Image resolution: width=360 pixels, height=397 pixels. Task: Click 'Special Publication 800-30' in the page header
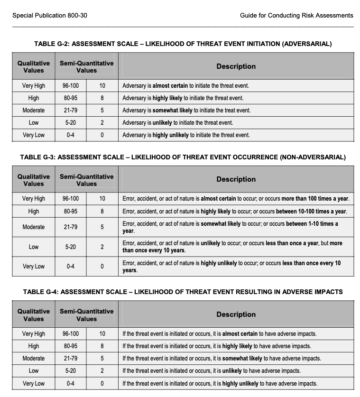tap(50, 16)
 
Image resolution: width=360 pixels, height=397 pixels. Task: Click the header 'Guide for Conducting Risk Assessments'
tap(296, 16)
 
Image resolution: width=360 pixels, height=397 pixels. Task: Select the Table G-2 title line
tap(183, 44)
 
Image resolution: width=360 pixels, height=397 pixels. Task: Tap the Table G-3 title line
tap(183, 157)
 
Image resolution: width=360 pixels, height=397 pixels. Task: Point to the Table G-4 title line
tap(183, 292)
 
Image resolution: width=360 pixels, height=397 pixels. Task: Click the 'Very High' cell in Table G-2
tap(34, 86)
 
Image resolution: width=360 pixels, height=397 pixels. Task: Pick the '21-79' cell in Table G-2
tap(71, 111)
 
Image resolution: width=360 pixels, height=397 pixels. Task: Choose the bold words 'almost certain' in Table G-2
tap(171, 86)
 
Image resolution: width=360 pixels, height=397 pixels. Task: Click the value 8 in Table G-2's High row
tap(102, 98)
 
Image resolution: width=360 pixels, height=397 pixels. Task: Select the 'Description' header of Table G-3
tap(236, 179)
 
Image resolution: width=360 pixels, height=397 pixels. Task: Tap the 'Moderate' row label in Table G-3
tap(34, 227)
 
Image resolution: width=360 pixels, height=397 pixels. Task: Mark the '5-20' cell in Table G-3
tap(71, 247)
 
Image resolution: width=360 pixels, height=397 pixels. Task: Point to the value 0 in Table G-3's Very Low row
tap(102, 267)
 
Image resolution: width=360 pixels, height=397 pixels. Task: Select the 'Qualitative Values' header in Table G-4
tap(34, 315)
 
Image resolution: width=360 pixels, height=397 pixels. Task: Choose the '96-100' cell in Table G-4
tap(71, 334)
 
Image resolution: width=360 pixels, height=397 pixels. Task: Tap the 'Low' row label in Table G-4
tap(34, 371)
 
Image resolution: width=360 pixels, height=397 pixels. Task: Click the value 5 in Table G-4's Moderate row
tap(102, 359)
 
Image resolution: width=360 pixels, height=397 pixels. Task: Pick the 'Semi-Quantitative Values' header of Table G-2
tap(87, 67)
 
